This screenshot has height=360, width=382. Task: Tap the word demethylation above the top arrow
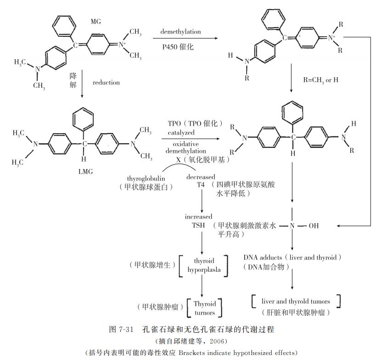pyautogui.click(x=180, y=31)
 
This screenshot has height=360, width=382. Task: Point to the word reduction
pyautogui.click(x=106, y=83)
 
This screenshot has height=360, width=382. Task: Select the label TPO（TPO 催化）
pyautogui.click(x=195, y=124)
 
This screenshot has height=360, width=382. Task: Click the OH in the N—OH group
pyautogui.click(x=314, y=226)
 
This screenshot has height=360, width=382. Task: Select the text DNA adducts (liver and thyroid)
pyautogui.click(x=292, y=258)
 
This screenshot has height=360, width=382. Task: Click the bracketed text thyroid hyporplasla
pyautogui.click(x=204, y=265)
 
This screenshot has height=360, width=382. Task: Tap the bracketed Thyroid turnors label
pyautogui.click(x=204, y=308)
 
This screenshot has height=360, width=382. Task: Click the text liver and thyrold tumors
pyautogui.click(x=296, y=301)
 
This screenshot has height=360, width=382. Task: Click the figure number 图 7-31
pyautogui.click(x=122, y=330)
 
